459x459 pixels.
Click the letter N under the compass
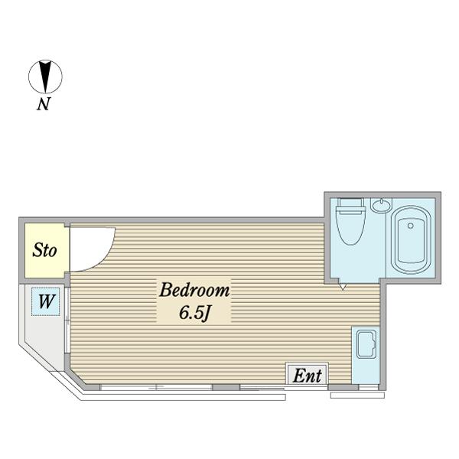(x=44, y=103)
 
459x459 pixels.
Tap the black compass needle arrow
(x=45, y=76)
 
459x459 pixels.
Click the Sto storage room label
(x=44, y=250)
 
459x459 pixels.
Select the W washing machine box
(x=46, y=301)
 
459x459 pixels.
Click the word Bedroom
(x=194, y=290)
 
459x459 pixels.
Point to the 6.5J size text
(x=194, y=313)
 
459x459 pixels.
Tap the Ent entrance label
(x=307, y=376)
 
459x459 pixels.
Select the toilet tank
(x=350, y=203)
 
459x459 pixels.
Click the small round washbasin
(x=381, y=205)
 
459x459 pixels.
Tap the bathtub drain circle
(x=410, y=226)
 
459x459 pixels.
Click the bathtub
(x=412, y=240)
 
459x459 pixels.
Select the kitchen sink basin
(x=366, y=344)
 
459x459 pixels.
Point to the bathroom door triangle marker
(x=343, y=287)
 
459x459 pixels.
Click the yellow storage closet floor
(x=44, y=251)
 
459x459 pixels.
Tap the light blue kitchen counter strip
(x=366, y=355)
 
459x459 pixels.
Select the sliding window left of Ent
(x=156, y=388)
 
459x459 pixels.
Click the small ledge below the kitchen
(x=357, y=396)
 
